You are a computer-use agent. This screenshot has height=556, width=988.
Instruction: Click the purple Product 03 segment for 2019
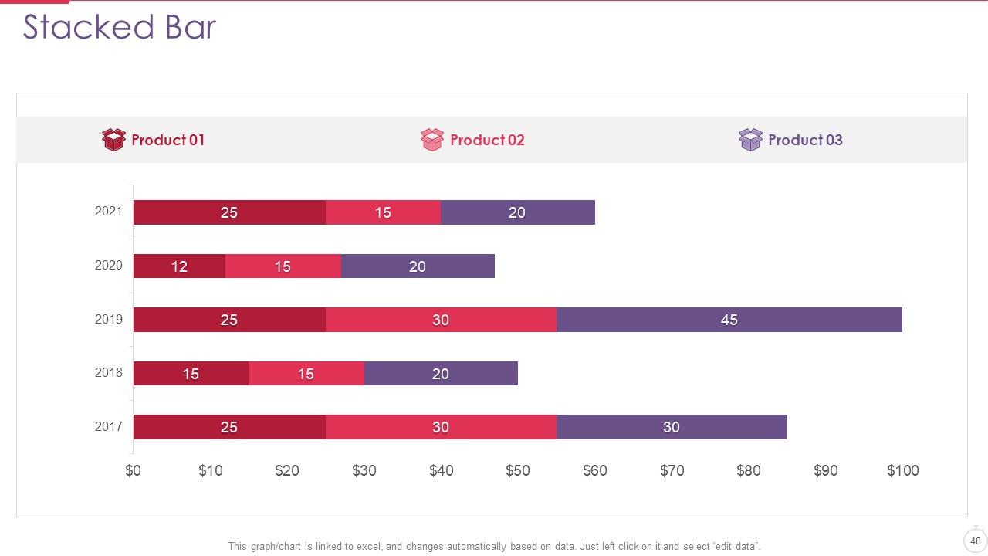(x=729, y=320)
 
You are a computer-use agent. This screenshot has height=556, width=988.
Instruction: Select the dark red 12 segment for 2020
(x=179, y=266)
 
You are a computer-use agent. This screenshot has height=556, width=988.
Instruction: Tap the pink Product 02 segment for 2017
(x=441, y=427)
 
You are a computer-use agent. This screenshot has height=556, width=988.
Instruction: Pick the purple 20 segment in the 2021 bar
(x=517, y=212)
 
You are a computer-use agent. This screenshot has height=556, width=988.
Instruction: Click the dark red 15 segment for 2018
(x=191, y=374)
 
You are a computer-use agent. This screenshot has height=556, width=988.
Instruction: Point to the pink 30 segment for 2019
(x=441, y=320)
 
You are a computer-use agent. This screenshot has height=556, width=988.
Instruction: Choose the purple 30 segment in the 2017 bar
(x=672, y=427)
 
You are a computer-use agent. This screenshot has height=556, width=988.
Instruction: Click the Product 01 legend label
(x=167, y=140)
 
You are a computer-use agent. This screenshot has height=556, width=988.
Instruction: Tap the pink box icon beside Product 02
(x=432, y=140)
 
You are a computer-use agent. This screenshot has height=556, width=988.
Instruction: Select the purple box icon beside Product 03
(x=750, y=140)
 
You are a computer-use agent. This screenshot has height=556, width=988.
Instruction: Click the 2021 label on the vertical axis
(x=108, y=211)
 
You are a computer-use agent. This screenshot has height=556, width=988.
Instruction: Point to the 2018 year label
(x=108, y=372)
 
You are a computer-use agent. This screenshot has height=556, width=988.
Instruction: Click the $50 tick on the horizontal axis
(x=518, y=470)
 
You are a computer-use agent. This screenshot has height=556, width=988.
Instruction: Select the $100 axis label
(x=902, y=470)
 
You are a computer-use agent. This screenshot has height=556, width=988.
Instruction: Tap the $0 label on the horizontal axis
(x=134, y=470)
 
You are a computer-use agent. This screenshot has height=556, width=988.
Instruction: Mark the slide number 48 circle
(x=975, y=541)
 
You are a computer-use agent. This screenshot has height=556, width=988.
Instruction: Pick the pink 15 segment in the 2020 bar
(x=283, y=266)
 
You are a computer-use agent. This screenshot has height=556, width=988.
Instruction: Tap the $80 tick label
(x=748, y=470)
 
